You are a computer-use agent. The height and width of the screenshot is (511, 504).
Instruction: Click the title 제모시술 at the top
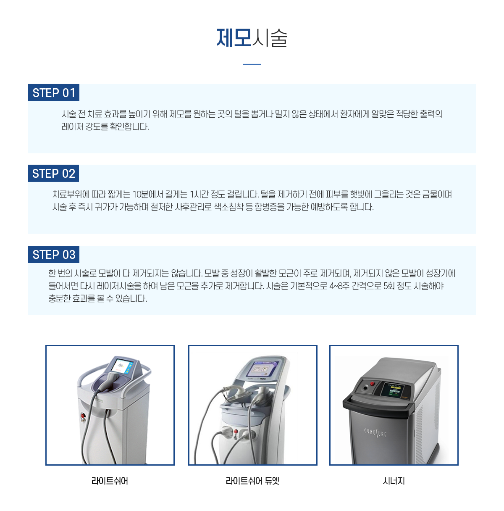coord(252,38)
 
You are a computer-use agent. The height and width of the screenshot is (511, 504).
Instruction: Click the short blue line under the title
coord(252,64)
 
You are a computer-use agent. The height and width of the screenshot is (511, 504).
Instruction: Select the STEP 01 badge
coord(54,93)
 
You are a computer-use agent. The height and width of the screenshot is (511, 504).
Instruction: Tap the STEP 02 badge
coord(54,174)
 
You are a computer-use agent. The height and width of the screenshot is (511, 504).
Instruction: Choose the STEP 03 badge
coord(54,255)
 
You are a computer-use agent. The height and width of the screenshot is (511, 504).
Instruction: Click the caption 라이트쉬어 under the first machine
coord(110,481)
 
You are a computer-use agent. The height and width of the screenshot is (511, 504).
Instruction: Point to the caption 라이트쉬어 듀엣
coord(252,481)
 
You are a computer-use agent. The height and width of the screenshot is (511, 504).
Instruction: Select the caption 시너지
coord(394,481)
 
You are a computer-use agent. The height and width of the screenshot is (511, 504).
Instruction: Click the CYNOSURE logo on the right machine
coord(375,432)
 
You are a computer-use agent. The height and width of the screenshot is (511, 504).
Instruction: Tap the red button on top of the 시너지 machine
coord(372,384)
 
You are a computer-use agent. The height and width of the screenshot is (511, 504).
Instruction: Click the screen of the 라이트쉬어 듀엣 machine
coord(259,369)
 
